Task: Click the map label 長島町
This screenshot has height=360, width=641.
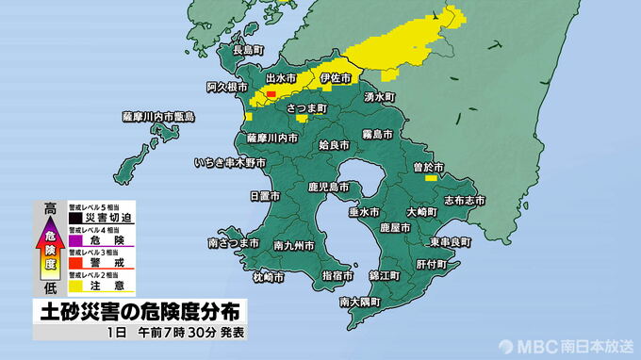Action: pos(248,49)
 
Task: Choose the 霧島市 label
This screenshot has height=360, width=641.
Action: pos(380,135)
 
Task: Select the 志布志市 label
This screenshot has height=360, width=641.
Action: pos(464,200)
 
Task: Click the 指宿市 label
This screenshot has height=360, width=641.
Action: pos(337,276)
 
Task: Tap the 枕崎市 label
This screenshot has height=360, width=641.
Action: pos(268,277)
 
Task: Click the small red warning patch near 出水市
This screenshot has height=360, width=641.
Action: pos(271,94)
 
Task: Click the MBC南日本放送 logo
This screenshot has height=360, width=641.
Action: pos(567,345)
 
